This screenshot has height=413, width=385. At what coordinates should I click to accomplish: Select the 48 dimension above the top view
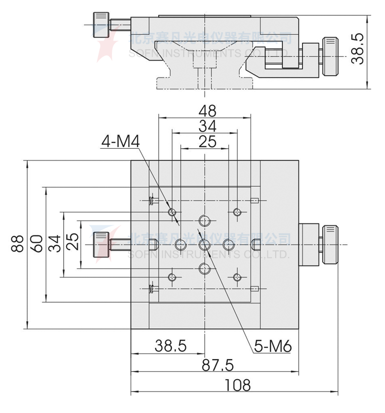click(x=207, y=110)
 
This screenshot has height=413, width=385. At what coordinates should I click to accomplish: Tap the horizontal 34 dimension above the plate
click(x=207, y=126)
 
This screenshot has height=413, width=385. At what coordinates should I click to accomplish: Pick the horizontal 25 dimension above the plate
click(x=207, y=142)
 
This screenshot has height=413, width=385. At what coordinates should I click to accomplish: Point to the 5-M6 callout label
click(x=273, y=347)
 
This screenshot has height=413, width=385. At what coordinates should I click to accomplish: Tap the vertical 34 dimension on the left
click(x=54, y=243)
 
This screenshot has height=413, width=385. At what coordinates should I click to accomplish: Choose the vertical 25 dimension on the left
click(x=72, y=243)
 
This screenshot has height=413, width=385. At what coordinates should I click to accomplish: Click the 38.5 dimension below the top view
click(x=171, y=346)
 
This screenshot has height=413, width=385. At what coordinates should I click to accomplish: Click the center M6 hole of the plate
click(x=204, y=244)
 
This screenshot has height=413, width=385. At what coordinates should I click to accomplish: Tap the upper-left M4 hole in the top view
click(x=172, y=212)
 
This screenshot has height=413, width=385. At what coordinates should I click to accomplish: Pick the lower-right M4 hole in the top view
click(x=237, y=278)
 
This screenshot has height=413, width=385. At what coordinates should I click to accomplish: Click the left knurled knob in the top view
click(x=100, y=244)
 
